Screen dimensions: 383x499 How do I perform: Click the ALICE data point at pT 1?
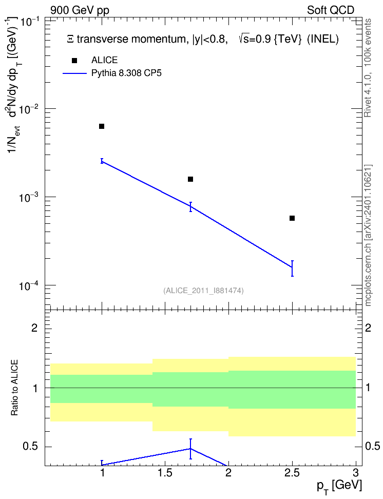[x=102, y=126]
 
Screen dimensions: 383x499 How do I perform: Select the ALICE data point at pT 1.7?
[x=190, y=179]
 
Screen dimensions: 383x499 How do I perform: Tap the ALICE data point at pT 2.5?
[x=292, y=218]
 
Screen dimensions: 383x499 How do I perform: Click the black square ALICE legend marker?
[x=74, y=61]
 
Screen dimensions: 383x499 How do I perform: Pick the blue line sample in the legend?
[x=74, y=73]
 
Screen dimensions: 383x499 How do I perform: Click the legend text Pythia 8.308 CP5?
[x=126, y=73]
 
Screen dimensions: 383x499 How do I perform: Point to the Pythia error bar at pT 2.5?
[x=292, y=268]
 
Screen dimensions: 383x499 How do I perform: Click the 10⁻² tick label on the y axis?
[x=29, y=109]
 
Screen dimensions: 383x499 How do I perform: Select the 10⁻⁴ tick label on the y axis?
[x=29, y=286]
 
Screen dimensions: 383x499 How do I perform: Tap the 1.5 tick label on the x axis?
[x=165, y=473]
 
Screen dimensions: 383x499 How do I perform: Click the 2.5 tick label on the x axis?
[x=292, y=473]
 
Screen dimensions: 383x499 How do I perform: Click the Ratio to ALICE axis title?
[x=14, y=388]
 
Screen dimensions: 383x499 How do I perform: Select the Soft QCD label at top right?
[x=331, y=10]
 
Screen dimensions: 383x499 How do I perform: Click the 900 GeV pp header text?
[x=80, y=10]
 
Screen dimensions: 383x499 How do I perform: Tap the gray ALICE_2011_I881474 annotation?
[x=203, y=291]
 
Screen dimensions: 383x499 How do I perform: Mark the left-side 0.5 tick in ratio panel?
[x=30, y=447]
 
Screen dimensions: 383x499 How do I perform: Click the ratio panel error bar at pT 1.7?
[x=190, y=449]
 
